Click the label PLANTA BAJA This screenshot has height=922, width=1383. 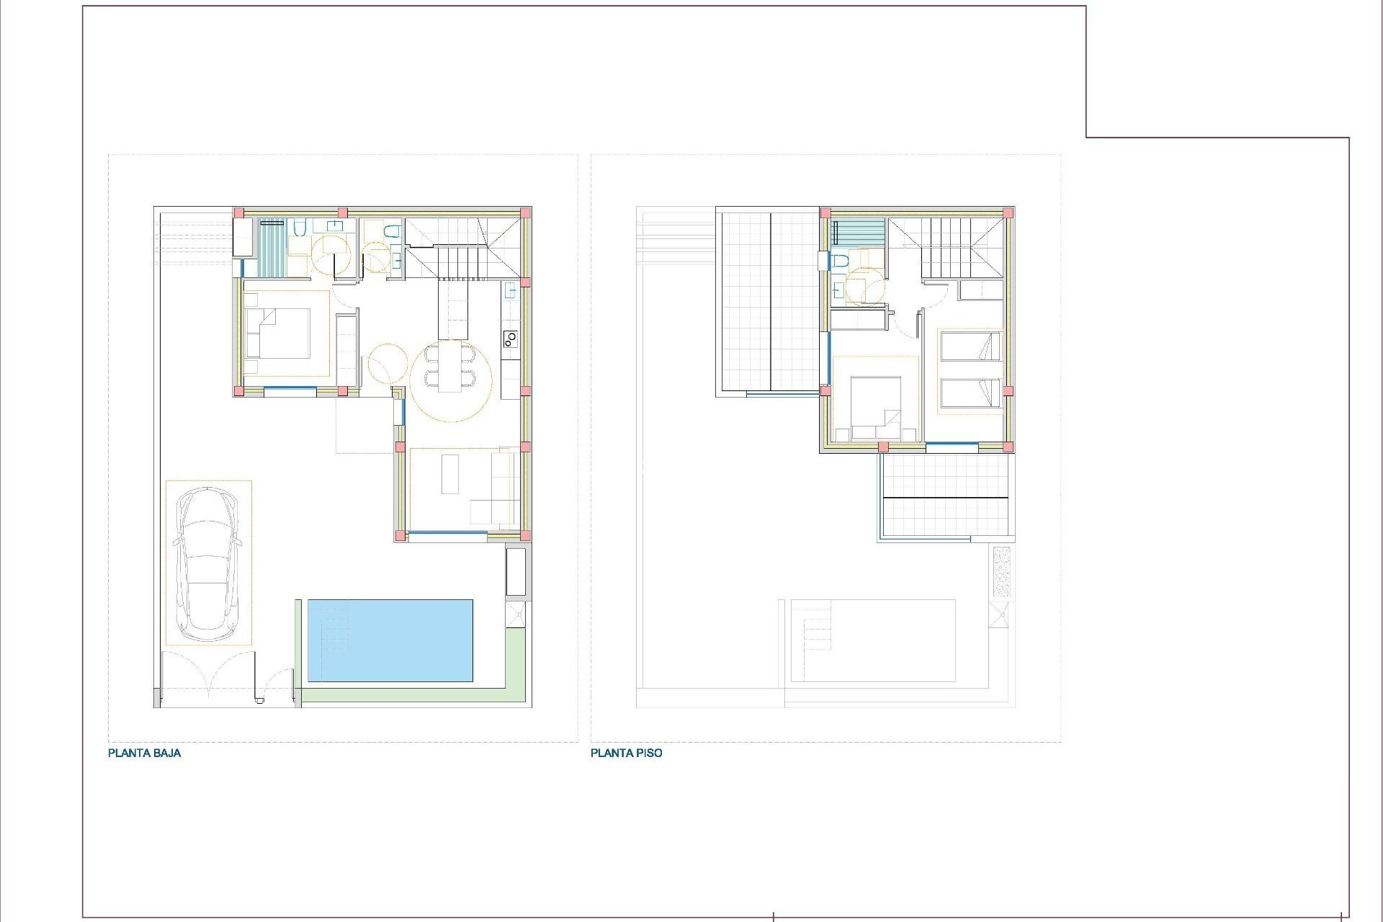click(x=144, y=753)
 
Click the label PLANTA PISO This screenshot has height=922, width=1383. click(x=626, y=753)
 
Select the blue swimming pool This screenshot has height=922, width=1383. click(x=390, y=640)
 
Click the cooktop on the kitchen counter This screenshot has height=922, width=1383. click(x=510, y=337)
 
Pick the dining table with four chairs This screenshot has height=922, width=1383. click(x=450, y=367)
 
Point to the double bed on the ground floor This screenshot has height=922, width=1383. click(x=278, y=333)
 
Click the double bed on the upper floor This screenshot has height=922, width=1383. click(x=875, y=408)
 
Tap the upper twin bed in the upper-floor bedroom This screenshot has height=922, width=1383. click(x=970, y=346)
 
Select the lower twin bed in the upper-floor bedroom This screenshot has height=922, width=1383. click(x=970, y=393)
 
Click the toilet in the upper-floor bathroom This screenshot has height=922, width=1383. click(x=839, y=261)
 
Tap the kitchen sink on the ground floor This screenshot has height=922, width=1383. click(x=510, y=291)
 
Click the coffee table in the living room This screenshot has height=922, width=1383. click(x=450, y=473)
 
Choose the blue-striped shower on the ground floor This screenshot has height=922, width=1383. click(x=272, y=247)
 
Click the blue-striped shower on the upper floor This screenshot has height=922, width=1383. click(x=858, y=232)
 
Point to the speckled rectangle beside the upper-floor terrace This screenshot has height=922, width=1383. click(x=1001, y=571)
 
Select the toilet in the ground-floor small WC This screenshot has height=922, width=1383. click(x=391, y=232)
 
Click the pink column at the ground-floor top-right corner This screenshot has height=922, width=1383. click(x=526, y=212)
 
